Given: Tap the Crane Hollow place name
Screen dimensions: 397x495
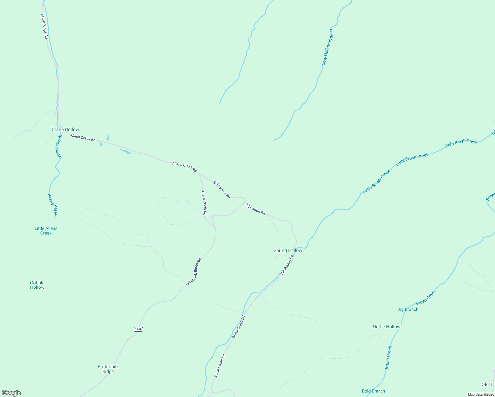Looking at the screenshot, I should (x=66, y=129).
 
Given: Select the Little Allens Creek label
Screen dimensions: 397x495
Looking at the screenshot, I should (x=46, y=231).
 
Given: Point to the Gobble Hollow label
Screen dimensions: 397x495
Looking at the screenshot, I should (x=37, y=285).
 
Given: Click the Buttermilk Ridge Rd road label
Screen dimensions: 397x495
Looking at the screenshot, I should (x=193, y=272).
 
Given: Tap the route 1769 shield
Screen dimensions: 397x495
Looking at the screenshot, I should (x=138, y=329).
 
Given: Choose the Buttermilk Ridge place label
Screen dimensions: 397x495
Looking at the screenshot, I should (x=108, y=369).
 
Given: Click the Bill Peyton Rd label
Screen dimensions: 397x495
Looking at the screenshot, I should (x=222, y=189).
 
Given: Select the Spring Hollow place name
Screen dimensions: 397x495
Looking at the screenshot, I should (x=288, y=250).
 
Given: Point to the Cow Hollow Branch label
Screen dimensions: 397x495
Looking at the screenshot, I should (x=327, y=47).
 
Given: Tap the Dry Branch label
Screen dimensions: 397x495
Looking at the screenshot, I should (x=408, y=309).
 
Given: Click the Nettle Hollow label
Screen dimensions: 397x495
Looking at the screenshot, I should (x=386, y=327).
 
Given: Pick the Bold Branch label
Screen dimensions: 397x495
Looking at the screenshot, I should (x=374, y=391).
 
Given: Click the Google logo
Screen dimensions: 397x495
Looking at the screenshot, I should (x=11, y=393).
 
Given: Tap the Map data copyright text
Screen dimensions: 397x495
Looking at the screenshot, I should (x=481, y=394).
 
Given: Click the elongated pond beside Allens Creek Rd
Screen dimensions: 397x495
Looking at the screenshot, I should (x=126, y=152).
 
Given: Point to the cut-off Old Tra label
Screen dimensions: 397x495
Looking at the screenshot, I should (x=488, y=384).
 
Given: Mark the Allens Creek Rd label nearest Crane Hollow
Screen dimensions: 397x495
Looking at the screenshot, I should (x=83, y=138).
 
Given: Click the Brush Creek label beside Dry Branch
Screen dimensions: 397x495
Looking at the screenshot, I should (x=426, y=297).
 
